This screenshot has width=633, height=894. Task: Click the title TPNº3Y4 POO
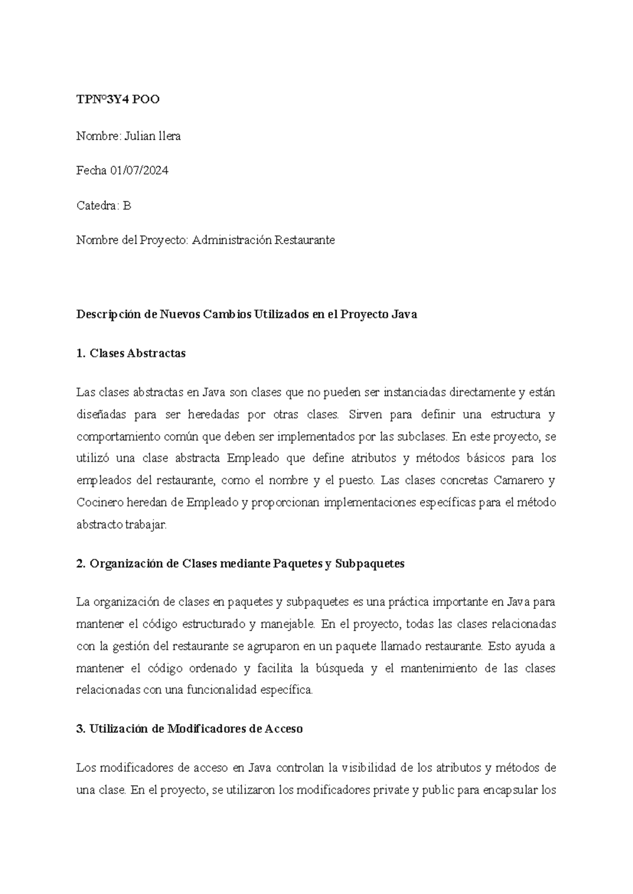pyautogui.click(x=118, y=100)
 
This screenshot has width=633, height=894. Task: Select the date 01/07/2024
pyautogui.click(x=139, y=171)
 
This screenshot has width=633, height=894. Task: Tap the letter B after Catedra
pyautogui.click(x=127, y=206)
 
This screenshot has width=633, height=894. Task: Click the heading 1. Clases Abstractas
pyautogui.click(x=131, y=354)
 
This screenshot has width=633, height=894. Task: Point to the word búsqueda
pyautogui.click(x=339, y=669)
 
